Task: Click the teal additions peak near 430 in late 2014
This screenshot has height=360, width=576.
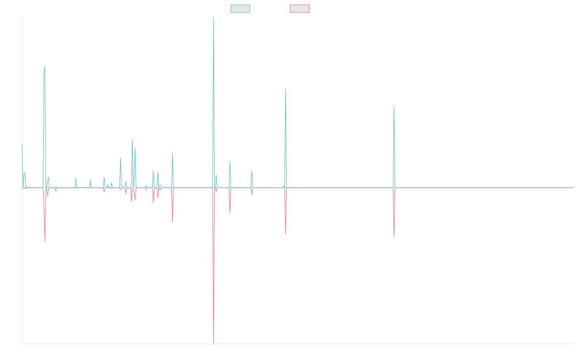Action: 45,67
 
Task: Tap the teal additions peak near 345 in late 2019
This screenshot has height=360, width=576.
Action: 286,89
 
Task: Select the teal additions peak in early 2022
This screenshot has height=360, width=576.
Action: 394,107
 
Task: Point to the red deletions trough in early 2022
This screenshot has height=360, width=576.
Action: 394,237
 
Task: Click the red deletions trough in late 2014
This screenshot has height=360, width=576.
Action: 45,241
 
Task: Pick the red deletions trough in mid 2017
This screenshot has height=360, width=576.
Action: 172,222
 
